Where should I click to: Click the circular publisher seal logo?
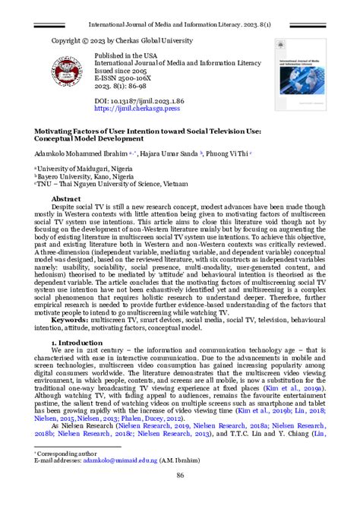click(x=73, y=72)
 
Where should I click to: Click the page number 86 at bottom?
click(x=180, y=496)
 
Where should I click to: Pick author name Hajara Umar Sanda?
click(x=169, y=153)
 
